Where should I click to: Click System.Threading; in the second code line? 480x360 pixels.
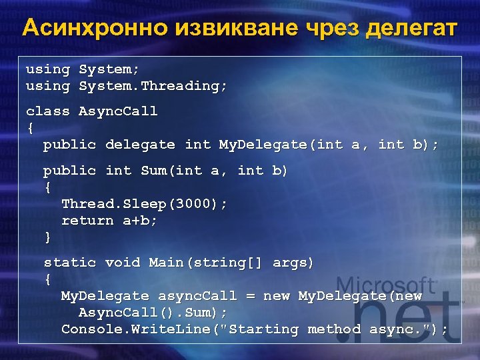click(153, 86)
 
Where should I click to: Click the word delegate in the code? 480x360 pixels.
click(140, 145)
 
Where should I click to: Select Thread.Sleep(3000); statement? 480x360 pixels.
click(144, 204)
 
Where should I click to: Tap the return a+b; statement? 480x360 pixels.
click(109, 221)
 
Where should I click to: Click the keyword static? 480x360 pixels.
click(69, 263)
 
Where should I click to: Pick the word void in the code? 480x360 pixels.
click(122, 263)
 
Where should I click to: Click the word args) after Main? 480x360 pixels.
click(293, 263)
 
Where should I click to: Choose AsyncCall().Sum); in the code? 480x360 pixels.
click(153, 313)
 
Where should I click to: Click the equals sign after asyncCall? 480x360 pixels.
click(253, 296)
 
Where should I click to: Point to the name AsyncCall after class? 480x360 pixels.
click(118, 111)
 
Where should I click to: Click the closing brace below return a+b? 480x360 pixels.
click(47, 237)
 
